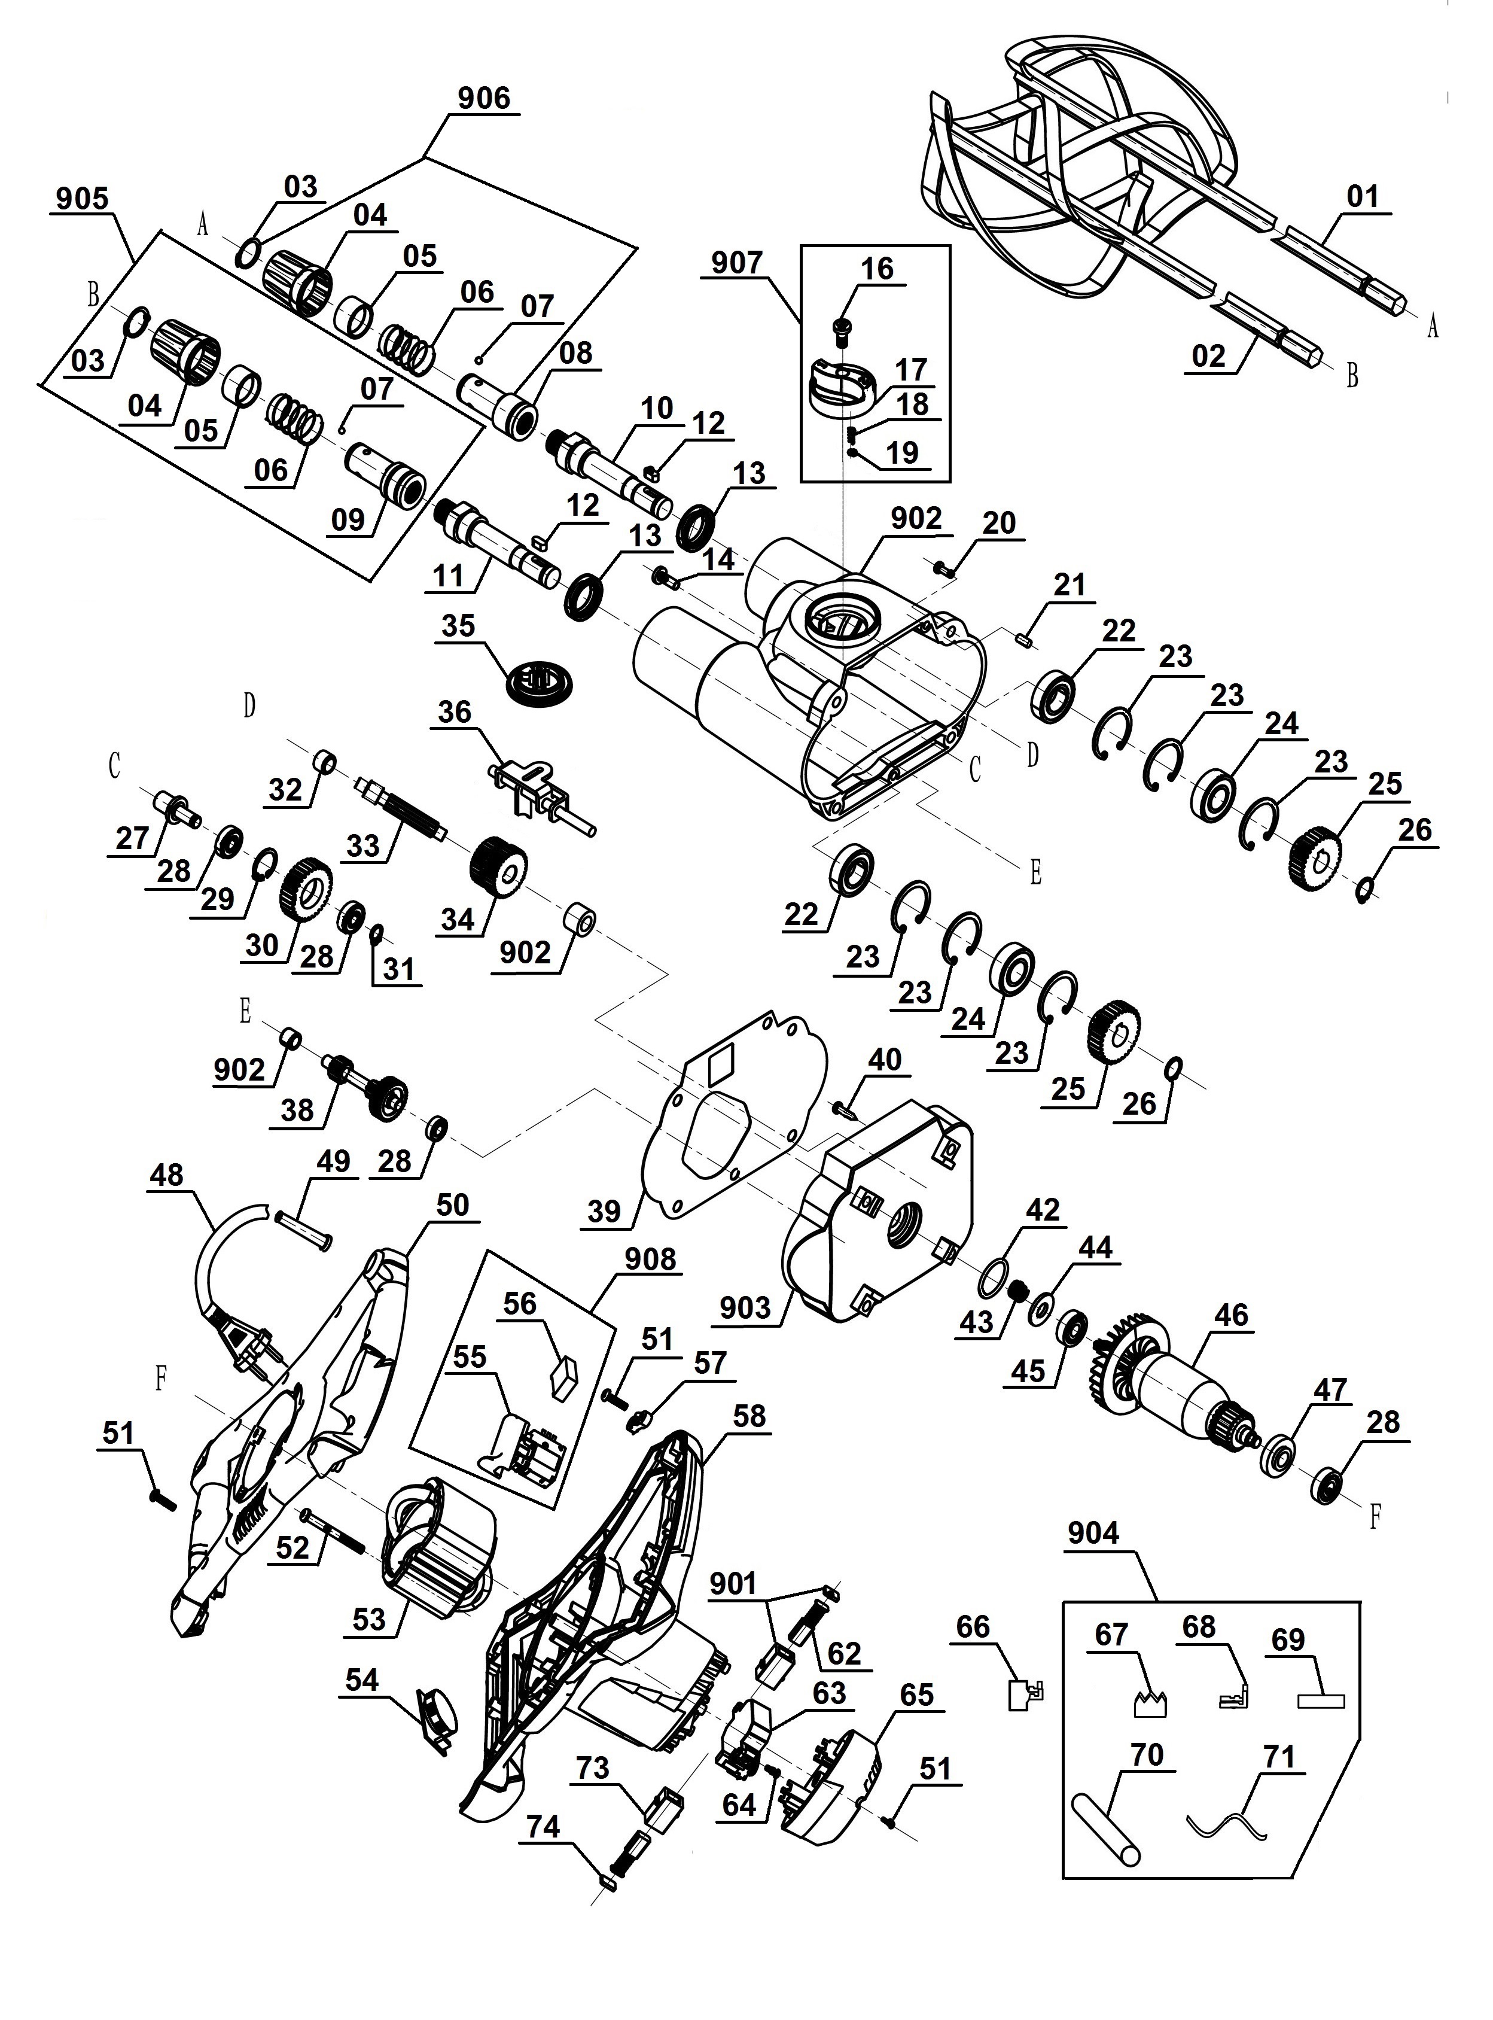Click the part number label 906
[483, 98]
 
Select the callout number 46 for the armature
[1232, 1316]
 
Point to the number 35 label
[458, 625]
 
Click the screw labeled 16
[842, 331]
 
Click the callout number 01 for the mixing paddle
[1362, 197]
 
